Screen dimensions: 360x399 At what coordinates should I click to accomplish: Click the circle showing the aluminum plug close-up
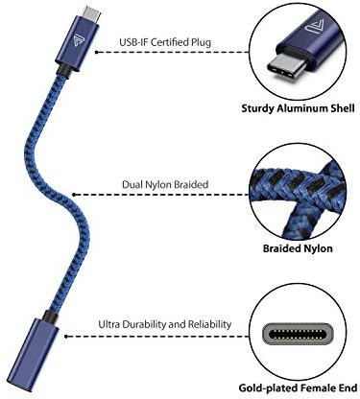coord(298,48)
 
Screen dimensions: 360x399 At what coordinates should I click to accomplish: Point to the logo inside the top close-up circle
coord(283,32)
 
